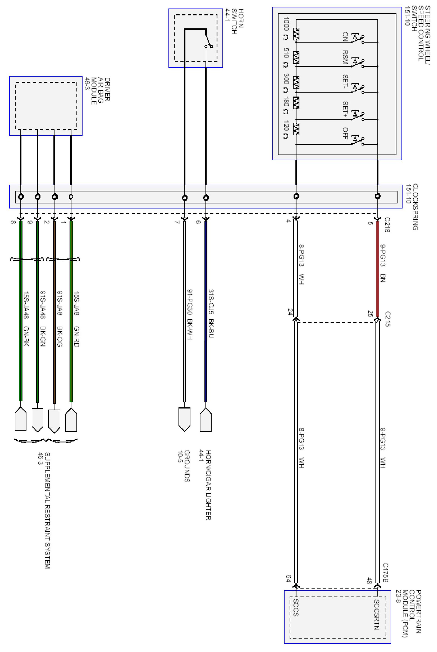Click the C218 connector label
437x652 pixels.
[387, 225]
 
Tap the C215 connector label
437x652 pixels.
[387, 319]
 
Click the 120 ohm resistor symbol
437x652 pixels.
[296, 129]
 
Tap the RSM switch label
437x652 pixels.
[345, 57]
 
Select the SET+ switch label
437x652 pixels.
[345, 109]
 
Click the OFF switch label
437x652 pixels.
[345, 133]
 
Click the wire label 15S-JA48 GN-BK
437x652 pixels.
[26, 319]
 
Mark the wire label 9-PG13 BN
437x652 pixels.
[383, 263]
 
